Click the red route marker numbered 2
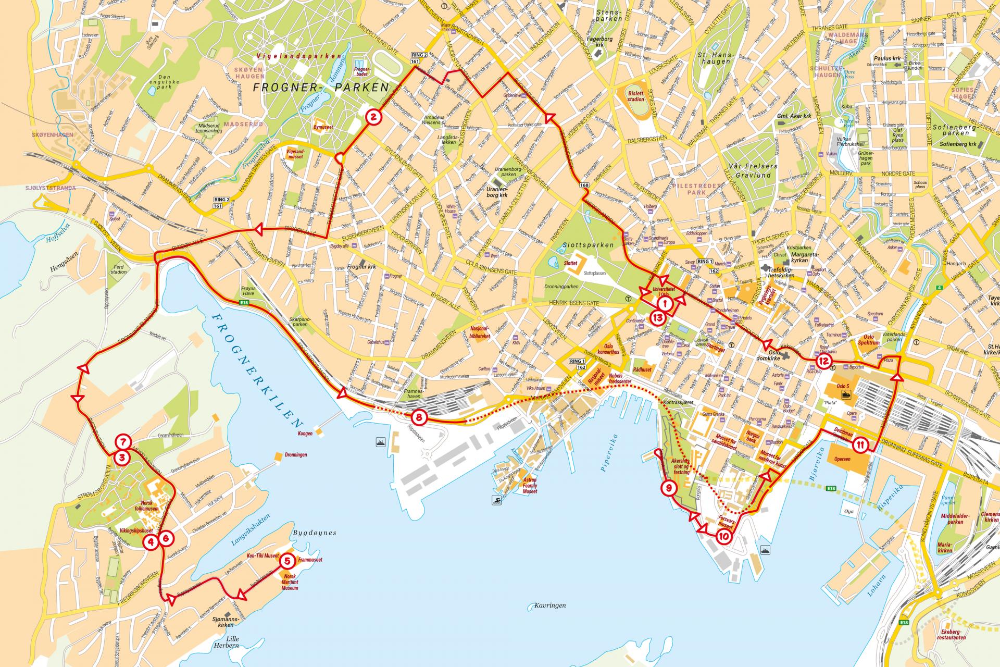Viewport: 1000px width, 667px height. tap(373, 117)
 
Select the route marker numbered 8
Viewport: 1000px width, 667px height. tap(419, 417)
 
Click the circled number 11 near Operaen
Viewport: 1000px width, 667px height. tap(860, 445)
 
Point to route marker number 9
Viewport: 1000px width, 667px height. tap(669, 488)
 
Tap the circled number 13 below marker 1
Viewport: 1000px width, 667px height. tap(658, 316)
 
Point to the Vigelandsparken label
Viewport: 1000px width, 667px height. tap(300, 56)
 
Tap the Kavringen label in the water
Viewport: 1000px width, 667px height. tap(549, 606)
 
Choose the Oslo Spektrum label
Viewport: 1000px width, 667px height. tap(871, 340)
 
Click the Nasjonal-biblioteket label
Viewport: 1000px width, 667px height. tap(480, 332)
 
